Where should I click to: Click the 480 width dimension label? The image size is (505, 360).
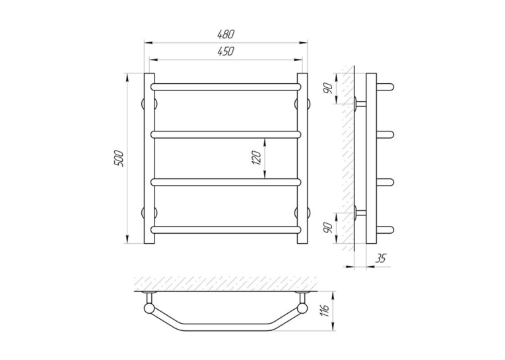(x=226, y=34)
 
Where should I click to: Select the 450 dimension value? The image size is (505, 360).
(x=226, y=52)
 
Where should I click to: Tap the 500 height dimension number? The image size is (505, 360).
(x=119, y=159)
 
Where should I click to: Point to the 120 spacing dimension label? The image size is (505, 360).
(x=257, y=158)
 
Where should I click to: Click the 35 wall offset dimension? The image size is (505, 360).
(x=380, y=258)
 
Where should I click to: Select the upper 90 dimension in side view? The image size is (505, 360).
(x=328, y=88)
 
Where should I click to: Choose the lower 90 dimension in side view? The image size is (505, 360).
(x=328, y=228)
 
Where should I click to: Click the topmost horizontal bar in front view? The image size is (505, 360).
(x=226, y=87)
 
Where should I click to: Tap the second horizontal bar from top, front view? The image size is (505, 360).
(x=226, y=134)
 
